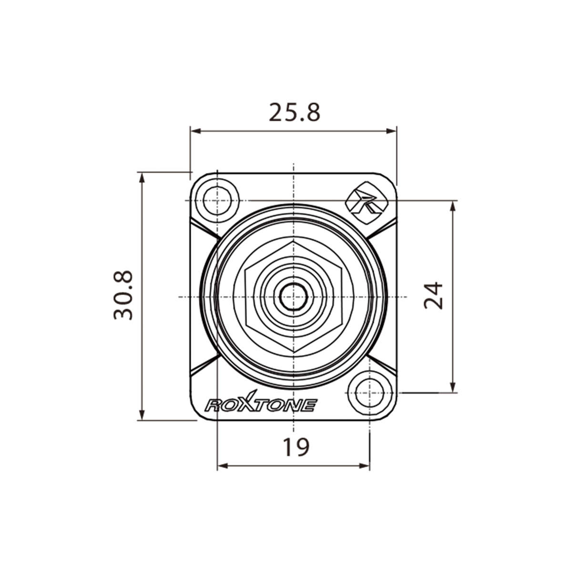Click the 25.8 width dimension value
(295, 112)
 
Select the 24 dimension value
(434, 296)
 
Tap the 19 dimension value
(296, 447)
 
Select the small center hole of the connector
(294, 297)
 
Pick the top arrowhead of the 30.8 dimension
(141, 177)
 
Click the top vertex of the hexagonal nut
(294, 241)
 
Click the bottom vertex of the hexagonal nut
(294, 353)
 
